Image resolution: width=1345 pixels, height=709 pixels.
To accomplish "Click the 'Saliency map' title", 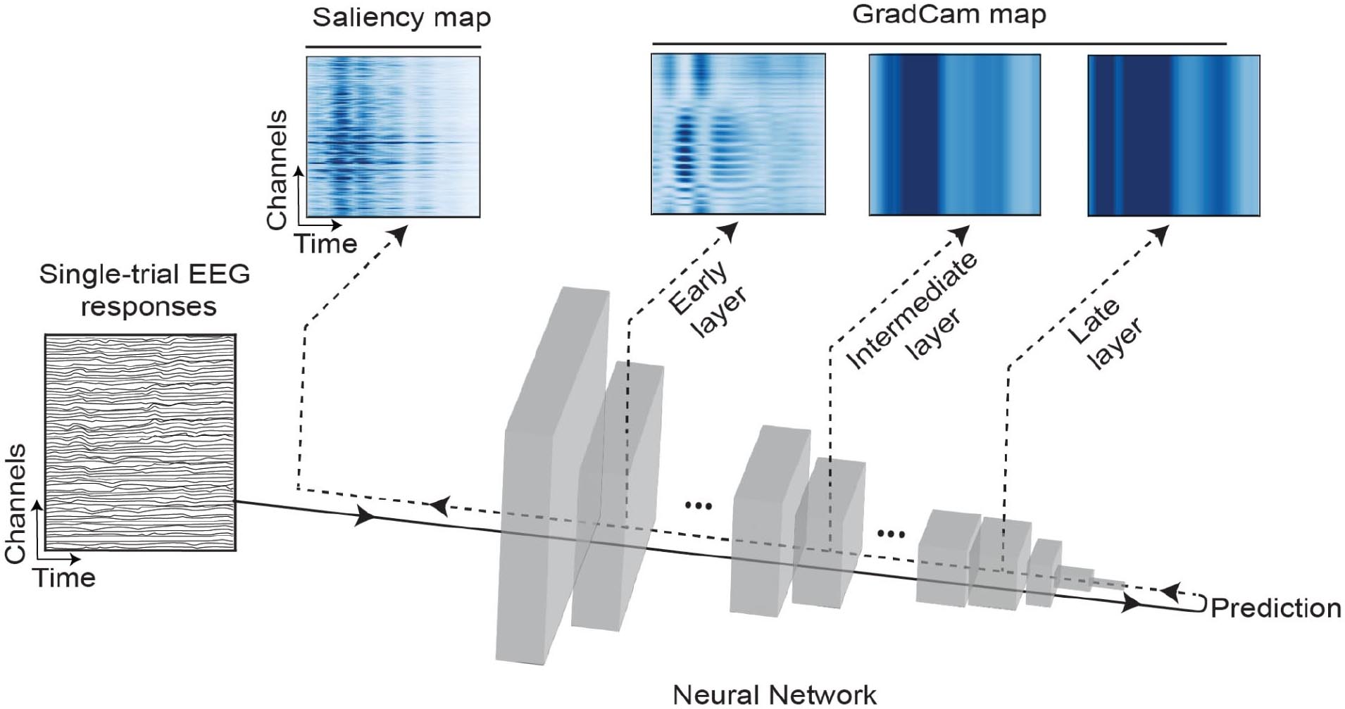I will click(401, 18).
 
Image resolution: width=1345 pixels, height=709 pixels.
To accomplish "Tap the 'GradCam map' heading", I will click(949, 15).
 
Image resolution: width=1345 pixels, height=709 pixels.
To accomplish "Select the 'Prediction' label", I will click(1275, 608).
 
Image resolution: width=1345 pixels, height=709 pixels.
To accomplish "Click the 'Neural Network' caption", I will click(775, 695).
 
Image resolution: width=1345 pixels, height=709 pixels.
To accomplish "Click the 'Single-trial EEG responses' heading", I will click(146, 290).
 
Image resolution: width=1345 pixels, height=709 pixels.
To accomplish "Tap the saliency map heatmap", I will click(393, 137).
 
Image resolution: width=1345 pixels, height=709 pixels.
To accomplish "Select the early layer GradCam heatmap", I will click(738, 134).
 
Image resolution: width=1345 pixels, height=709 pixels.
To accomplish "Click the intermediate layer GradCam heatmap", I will click(954, 134).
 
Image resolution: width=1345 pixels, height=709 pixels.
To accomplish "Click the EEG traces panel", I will click(140, 442).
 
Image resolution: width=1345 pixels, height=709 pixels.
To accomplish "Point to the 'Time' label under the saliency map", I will click(326, 244).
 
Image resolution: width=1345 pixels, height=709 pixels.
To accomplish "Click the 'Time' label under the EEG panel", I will click(65, 578).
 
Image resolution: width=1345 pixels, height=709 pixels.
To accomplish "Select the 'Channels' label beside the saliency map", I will click(277, 170).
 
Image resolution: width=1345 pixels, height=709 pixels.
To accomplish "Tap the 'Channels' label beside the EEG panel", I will click(15, 503).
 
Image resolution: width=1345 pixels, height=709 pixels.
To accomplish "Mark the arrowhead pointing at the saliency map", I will click(399, 235).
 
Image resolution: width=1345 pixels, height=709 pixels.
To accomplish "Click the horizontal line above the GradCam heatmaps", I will click(939, 44).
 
